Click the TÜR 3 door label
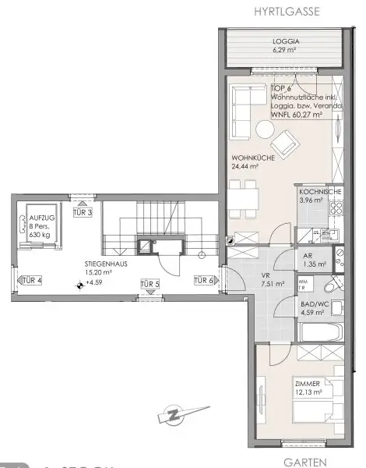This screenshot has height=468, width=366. click(x=83, y=213)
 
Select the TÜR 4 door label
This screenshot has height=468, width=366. click(x=32, y=281)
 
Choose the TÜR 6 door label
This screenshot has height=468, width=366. click(x=202, y=281)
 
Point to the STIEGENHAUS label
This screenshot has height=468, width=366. click(x=106, y=265)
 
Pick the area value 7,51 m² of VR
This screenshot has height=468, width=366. click(x=273, y=285)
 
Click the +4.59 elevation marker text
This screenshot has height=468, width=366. click(x=96, y=284)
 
